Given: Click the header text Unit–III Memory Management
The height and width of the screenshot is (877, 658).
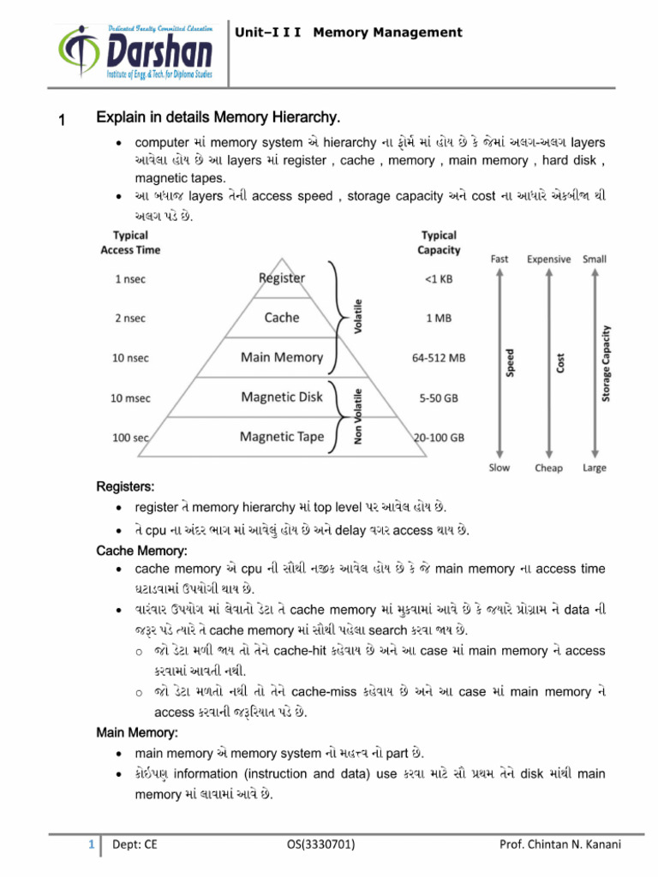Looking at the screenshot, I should (x=349, y=33).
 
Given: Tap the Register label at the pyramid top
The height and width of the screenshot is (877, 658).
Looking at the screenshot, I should (x=282, y=277).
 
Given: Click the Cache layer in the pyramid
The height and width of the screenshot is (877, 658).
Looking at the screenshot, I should (x=282, y=318).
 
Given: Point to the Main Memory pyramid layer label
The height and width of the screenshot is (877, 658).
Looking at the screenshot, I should (x=282, y=357).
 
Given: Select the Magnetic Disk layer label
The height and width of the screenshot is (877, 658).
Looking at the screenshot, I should (x=282, y=397).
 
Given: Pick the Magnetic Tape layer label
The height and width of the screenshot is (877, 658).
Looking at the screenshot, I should (x=282, y=437).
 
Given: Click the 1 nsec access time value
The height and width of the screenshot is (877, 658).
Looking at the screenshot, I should (x=129, y=278).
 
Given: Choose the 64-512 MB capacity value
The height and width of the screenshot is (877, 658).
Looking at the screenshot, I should (x=440, y=359).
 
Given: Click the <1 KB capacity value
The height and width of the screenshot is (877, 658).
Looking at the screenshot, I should (x=440, y=278).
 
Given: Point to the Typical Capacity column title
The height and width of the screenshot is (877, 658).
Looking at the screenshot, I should (x=440, y=242).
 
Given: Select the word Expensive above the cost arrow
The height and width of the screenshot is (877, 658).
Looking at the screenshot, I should (x=548, y=258).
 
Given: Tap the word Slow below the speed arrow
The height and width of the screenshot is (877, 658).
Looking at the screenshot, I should (x=499, y=468).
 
